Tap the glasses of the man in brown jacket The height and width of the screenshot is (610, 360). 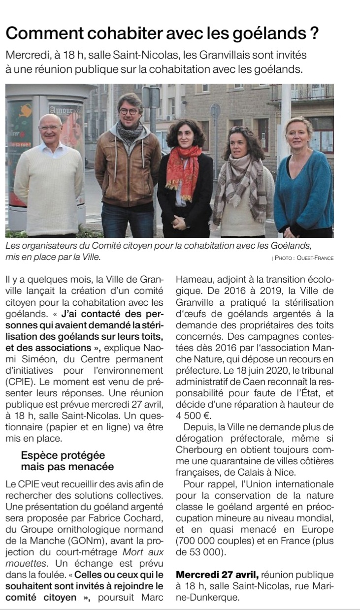tap(130, 111)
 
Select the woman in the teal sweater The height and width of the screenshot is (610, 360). tap(299, 177)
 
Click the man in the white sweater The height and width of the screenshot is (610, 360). tap(48, 177)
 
